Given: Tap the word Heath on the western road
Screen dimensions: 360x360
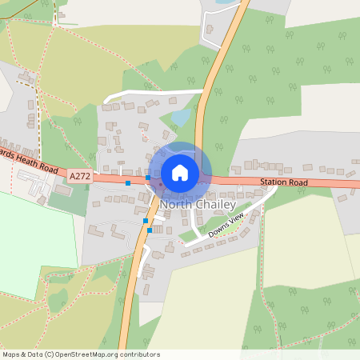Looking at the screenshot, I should point(27,162).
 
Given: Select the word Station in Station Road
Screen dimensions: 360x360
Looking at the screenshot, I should point(274,182).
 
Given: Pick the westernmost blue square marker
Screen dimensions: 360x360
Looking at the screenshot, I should point(128,183).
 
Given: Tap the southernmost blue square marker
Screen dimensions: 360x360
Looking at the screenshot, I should point(150,230).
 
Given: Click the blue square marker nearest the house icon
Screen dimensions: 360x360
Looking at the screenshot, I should point(148,178).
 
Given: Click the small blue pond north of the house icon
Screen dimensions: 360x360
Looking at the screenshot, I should point(181,118).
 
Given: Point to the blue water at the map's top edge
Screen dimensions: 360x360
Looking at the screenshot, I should point(223,3).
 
